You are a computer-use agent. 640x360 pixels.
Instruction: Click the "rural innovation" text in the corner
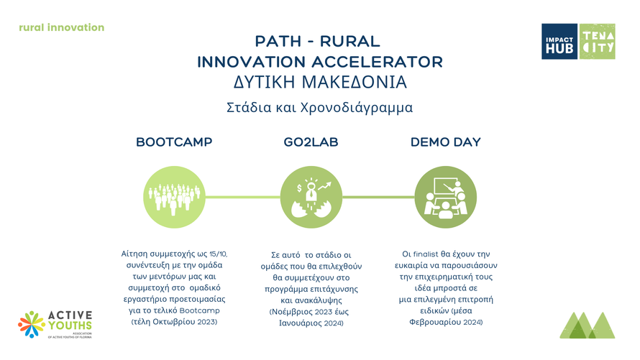62,28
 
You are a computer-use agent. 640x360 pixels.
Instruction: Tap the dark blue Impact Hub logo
559,42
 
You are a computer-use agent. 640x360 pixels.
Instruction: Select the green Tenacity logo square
598,42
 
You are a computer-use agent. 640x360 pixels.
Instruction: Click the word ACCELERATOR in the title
377,63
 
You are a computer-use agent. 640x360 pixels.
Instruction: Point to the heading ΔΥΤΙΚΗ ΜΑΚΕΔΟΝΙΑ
320,83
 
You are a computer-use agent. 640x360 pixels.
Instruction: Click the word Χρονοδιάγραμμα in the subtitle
357,108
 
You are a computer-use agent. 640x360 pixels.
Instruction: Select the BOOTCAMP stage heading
174,142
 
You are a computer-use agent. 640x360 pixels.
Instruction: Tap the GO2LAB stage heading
311,142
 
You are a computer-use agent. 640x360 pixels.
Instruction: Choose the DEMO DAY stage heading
446,142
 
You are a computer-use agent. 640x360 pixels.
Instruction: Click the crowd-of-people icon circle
174,197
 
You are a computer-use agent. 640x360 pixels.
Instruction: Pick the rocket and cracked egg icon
311,197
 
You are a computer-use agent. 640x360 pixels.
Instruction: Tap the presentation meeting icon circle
446,197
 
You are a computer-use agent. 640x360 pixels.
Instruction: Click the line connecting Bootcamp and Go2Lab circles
242,197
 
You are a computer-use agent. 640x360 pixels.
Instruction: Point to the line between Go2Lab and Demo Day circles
378,197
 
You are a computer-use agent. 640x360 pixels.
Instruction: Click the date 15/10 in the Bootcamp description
219,254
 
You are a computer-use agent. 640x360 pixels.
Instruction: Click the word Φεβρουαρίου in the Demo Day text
434,322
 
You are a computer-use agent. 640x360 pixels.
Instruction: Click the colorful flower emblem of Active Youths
32,324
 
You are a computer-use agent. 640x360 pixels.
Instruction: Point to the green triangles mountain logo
588,325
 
